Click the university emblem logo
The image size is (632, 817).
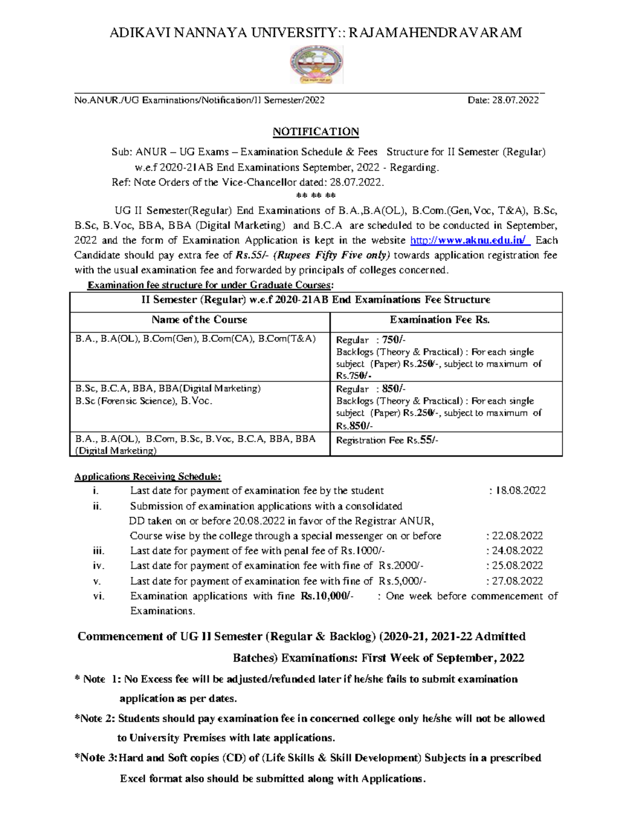pyautogui.click(x=317, y=65)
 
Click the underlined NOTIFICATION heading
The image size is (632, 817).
pyautogui.click(x=315, y=132)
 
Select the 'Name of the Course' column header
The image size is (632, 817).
pyautogui.click(x=199, y=320)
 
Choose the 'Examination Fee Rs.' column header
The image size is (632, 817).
pyautogui.click(x=440, y=320)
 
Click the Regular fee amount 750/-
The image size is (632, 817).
pyautogui.click(x=393, y=340)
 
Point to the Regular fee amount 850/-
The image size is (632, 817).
pyautogui.click(x=393, y=389)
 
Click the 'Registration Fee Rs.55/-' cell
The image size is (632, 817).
pyautogui.click(x=387, y=440)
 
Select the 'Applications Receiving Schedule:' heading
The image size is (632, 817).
pyautogui.click(x=147, y=477)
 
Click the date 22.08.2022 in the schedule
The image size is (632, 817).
pyautogui.click(x=517, y=536)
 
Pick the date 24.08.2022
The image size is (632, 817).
pyautogui.click(x=517, y=551)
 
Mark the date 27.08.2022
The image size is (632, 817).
pyautogui.click(x=517, y=581)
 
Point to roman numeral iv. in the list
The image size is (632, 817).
pyautogui.click(x=98, y=566)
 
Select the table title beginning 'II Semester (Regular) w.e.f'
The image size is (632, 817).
pyautogui.click(x=315, y=300)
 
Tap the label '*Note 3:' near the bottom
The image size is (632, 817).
pyautogui.click(x=96, y=758)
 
